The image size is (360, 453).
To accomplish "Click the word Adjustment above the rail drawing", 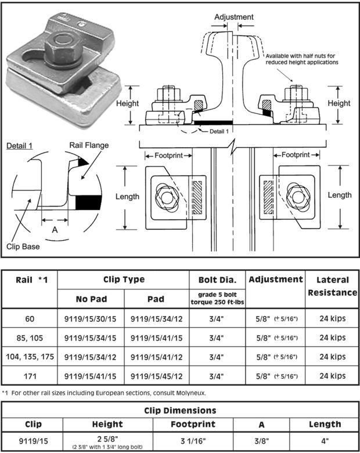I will [x=234, y=17].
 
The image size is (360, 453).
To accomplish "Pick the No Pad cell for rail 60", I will [x=91, y=319].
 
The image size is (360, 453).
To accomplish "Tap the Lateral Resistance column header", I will [x=331, y=286].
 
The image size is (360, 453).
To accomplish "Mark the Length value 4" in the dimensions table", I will [x=325, y=439].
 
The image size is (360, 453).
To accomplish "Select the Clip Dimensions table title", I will [x=179, y=410].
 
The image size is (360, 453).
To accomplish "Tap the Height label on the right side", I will [x=339, y=103].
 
